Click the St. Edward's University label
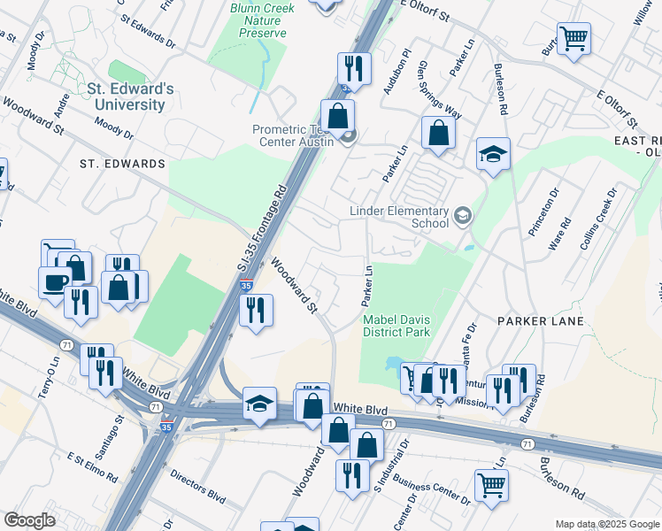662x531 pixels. [126, 96]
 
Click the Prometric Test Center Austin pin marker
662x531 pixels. [348, 136]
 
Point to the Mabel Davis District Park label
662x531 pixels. [396, 325]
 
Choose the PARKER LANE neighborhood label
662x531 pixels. [540, 320]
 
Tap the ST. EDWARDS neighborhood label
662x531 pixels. [122, 164]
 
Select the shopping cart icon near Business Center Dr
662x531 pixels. [491, 483]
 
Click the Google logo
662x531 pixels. [29, 519]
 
